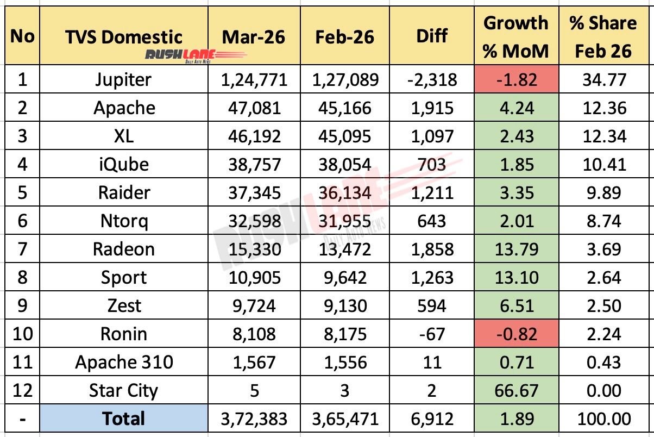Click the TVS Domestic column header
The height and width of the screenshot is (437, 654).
[x=123, y=36]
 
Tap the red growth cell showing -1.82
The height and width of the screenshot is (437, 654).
[x=516, y=80]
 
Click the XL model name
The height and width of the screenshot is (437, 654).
[x=124, y=136]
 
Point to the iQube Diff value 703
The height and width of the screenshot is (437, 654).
[x=432, y=165]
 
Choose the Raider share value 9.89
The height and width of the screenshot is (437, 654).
[x=602, y=193]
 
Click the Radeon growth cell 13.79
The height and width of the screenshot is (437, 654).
[x=516, y=249]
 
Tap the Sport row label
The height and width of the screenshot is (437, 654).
[x=124, y=278]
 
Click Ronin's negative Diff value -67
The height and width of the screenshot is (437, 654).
[x=432, y=334]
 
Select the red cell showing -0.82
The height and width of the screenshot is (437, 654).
[x=516, y=334]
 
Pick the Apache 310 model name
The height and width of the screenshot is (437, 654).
[x=124, y=363]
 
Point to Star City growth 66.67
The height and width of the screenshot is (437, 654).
[x=516, y=391]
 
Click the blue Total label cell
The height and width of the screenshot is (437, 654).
[x=124, y=419]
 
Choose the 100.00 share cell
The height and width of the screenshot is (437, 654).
[x=602, y=419]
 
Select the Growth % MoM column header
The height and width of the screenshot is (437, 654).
[x=516, y=36]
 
